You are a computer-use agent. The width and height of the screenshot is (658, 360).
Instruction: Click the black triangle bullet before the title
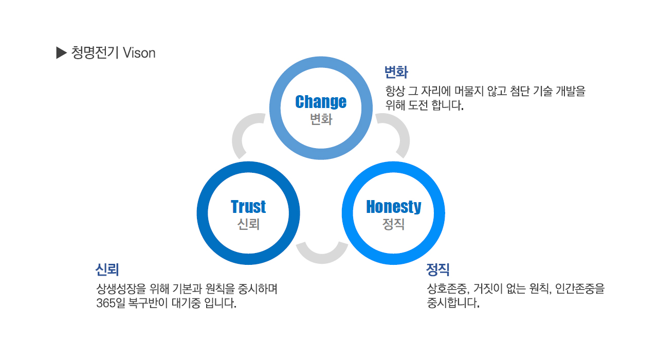61,53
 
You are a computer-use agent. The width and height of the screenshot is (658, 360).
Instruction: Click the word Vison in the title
139,53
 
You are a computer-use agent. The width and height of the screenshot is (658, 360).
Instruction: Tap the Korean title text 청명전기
95,53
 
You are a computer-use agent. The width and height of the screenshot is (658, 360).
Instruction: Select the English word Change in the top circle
321,102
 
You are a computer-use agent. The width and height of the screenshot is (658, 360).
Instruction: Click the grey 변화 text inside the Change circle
321,119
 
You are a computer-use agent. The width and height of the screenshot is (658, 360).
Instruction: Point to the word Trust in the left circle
248,206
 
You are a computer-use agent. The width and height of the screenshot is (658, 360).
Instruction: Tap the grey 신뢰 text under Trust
248,224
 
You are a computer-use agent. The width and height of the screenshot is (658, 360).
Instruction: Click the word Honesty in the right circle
394,207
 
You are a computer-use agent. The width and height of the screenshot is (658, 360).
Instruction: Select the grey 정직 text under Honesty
393,224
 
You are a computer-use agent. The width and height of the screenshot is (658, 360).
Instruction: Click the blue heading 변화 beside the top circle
396,73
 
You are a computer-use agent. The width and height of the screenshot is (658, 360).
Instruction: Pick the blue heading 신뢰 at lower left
107,269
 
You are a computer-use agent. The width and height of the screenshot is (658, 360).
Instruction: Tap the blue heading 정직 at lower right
437,269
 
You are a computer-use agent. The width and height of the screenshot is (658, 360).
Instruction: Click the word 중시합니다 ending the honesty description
453,303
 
